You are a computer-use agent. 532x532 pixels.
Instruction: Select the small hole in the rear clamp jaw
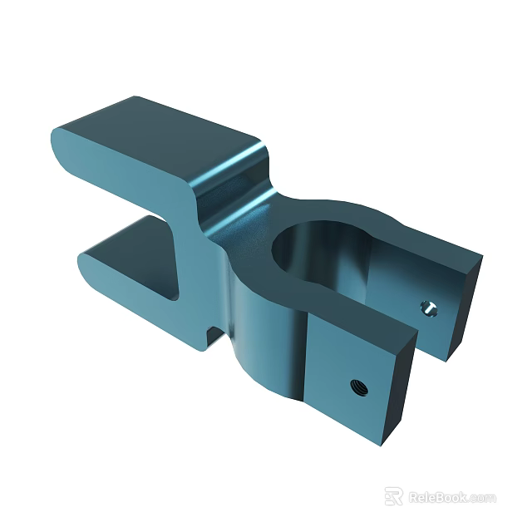coord(429,308)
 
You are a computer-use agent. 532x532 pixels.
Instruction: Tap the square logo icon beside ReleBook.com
coord(394,496)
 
